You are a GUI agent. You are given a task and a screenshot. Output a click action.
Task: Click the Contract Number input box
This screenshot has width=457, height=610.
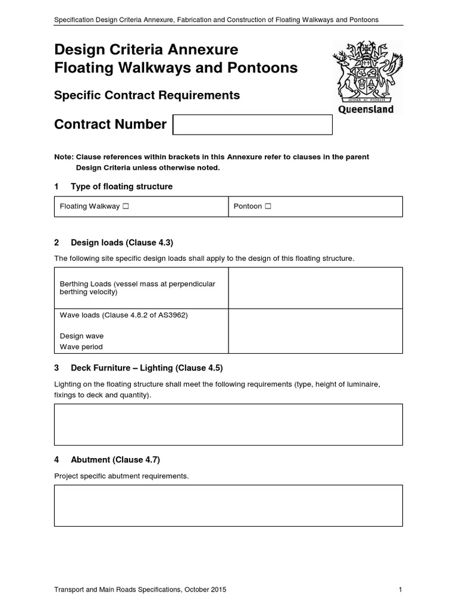(x=252, y=125)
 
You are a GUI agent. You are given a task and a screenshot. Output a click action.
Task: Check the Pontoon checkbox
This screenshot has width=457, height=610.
(x=268, y=207)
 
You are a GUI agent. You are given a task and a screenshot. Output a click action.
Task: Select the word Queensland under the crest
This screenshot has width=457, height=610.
(x=365, y=110)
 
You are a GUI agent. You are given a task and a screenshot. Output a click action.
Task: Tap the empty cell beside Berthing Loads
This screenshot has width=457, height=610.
(x=315, y=288)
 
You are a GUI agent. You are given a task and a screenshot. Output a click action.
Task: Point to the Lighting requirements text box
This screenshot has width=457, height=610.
(x=228, y=424)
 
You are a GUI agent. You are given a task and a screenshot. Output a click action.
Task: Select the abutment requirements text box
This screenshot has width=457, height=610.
(x=228, y=505)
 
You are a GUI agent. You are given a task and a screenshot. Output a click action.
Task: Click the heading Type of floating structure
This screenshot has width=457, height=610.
(x=121, y=186)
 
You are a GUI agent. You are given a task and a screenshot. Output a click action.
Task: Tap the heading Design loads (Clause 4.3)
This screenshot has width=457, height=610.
(x=121, y=242)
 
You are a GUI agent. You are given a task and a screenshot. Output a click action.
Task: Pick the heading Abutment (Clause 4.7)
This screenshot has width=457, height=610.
(x=115, y=460)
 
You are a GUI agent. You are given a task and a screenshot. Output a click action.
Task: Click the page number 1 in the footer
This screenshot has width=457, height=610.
(x=400, y=590)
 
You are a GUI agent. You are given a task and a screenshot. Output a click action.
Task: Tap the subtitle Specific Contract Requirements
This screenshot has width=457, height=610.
(x=147, y=95)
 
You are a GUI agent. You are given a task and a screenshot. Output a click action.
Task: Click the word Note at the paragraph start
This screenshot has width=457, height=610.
(x=63, y=157)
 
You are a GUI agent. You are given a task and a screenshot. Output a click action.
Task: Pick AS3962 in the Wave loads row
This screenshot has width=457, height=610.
(x=174, y=315)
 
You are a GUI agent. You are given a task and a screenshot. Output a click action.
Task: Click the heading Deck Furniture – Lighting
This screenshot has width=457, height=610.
(x=146, y=368)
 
